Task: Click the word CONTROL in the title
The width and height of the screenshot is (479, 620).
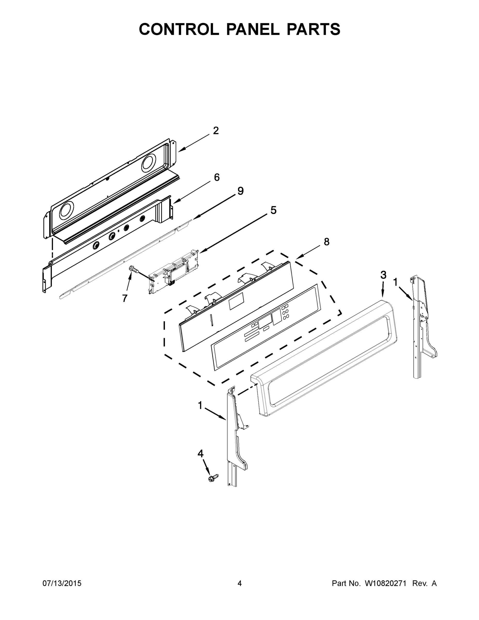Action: pos(179,29)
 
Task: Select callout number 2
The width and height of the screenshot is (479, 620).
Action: pos(216,131)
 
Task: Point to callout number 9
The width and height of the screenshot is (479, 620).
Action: pos(240,191)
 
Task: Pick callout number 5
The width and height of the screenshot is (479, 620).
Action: pos(273,210)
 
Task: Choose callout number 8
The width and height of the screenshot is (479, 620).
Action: pos(327,242)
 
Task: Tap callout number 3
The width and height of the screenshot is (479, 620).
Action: pos(383,275)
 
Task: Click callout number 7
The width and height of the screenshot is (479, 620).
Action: pos(124,298)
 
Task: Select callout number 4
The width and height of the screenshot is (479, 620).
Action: pos(200,454)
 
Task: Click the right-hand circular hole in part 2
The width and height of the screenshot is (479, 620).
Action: pos(149,164)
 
